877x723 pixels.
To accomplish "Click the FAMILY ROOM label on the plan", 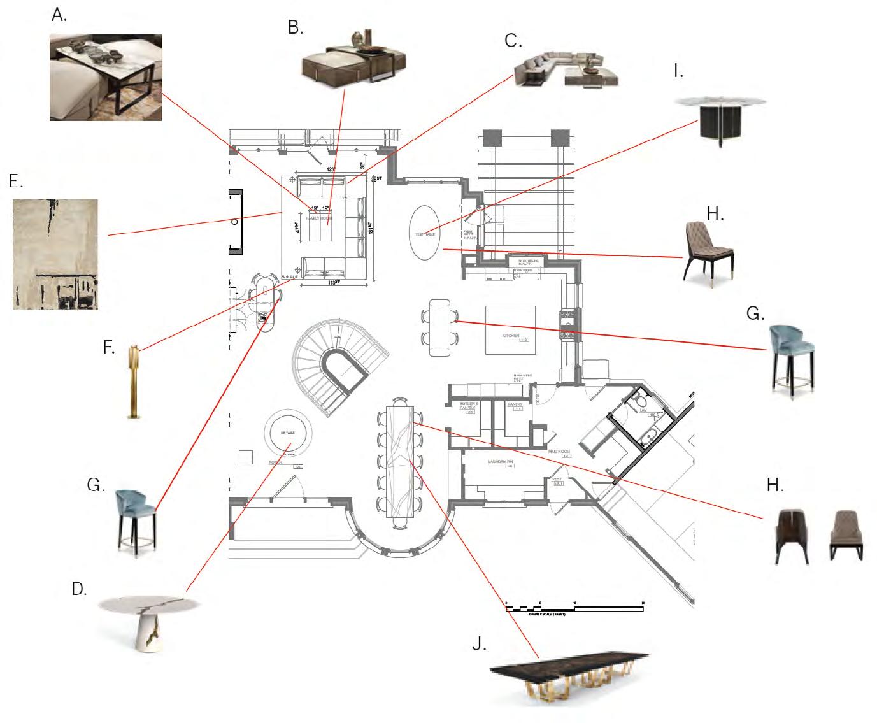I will (319, 218).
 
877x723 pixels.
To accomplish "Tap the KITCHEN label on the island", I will (510, 335).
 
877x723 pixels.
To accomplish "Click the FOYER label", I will (275, 462).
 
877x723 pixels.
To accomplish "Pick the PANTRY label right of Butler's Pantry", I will (515, 403).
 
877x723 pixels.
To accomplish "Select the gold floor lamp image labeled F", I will (133, 382).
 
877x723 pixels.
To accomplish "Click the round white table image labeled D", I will (150, 621).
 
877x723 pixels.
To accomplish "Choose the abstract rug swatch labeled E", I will (55, 254).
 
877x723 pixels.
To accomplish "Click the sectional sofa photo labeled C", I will (564, 69).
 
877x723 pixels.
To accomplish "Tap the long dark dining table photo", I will (568, 677).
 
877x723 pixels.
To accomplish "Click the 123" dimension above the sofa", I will (331, 169).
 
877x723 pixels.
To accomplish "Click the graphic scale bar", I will (575, 609).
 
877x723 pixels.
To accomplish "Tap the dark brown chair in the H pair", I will (792, 535).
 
